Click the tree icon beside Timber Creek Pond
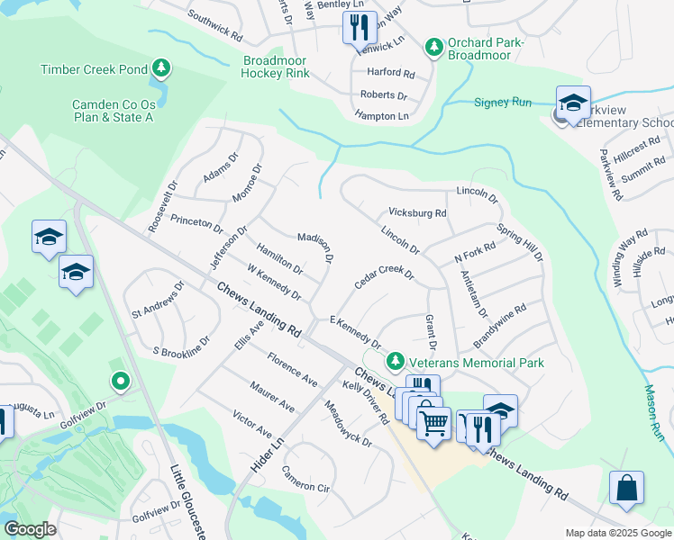[x=160, y=68]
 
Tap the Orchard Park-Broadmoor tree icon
[x=433, y=45]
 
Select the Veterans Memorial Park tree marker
[x=394, y=362]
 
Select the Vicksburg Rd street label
[x=417, y=213]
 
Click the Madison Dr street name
[x=316, y=247]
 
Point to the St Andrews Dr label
[x=158, y=301]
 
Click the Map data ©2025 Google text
[x=617, y=533]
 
